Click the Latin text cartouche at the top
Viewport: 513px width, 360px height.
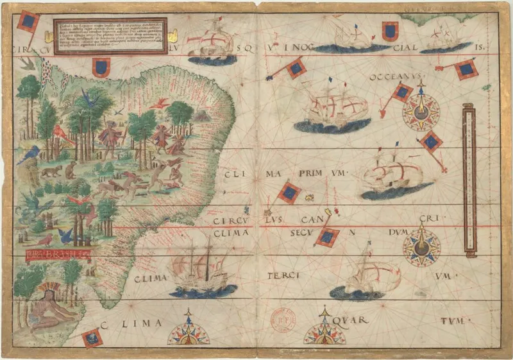click(110, 35)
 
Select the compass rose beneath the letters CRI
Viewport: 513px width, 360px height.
click(422, 249)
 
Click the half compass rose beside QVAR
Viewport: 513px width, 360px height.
click(324, 332)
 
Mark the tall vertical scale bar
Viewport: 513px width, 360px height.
click(469, 181)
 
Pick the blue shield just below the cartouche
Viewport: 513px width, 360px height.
click(101, 66)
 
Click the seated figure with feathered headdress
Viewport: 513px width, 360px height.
click(53, 307)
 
